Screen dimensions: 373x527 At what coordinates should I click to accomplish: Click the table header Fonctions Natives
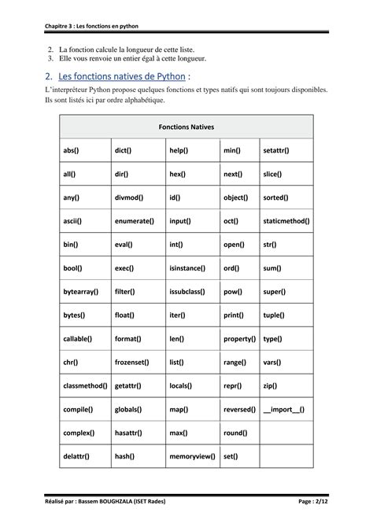click(186, 126)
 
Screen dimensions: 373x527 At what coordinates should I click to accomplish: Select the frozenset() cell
click(133, 363)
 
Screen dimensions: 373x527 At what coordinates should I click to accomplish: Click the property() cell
click(239, 339)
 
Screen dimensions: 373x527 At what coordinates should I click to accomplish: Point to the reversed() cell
click(239, 409)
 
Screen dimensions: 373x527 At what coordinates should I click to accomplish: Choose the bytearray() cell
click(80, 292)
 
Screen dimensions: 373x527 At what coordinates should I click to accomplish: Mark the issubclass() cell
click(187, 292)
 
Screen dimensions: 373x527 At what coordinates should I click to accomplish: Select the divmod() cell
click(127, 197)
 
